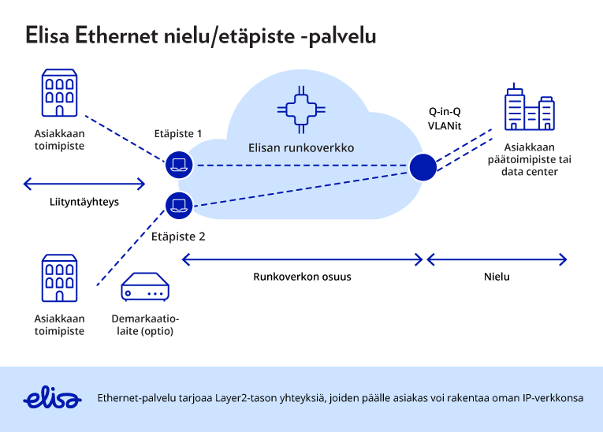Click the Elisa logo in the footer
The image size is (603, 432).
53,397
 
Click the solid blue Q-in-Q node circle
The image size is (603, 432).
423,166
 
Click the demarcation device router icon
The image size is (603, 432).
144,290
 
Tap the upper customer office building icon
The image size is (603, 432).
61,94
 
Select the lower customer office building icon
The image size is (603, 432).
61,279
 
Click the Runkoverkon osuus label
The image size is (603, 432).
302,277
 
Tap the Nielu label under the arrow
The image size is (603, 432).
497,277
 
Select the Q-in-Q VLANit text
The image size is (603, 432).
444,117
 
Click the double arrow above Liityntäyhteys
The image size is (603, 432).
84,184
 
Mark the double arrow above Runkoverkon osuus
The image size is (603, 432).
303,259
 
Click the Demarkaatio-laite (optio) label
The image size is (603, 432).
144,325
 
